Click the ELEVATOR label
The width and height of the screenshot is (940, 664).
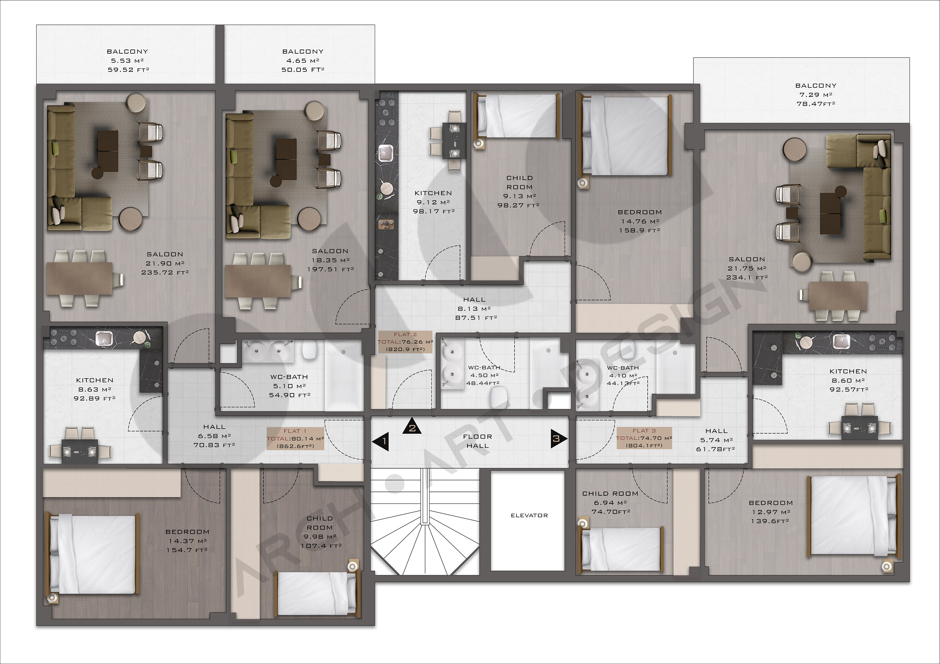(x=529, y=515)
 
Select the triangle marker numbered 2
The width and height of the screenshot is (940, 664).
(x=412, y=426)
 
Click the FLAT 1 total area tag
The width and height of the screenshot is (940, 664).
(x=295, y=438)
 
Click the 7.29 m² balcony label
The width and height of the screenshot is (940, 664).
(x=816, y=95)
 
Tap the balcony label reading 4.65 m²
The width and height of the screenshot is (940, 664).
(x=303, y=61)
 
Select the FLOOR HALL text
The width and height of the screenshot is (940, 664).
(x=478, y=441)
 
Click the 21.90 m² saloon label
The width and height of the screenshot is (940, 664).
(x=165, y=263)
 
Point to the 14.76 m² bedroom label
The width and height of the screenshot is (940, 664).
(x=640, y=221)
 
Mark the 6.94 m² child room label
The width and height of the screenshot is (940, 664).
(x=610, y=503)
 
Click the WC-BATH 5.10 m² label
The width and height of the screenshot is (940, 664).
(x=289, y=386)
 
